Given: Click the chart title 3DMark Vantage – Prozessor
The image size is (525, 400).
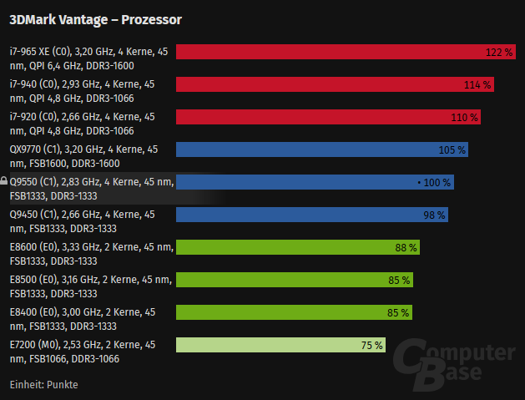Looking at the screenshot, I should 95,18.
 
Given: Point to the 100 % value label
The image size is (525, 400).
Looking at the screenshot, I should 435,182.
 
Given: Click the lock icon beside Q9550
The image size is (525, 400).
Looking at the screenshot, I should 4,180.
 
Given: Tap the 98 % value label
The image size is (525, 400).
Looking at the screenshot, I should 435,215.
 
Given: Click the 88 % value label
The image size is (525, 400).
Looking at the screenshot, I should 406,247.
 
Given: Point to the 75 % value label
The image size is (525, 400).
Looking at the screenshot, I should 372,345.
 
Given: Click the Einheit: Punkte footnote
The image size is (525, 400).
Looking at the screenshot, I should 43,385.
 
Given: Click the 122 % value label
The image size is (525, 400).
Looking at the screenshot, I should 499,52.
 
